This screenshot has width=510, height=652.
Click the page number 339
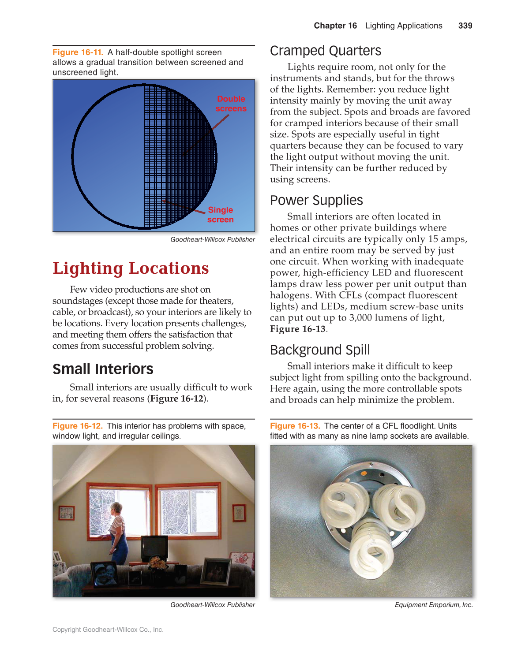coord(465,26)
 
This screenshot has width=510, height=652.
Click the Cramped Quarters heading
coord(325,51)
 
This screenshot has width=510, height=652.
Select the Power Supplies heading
coord(316,200)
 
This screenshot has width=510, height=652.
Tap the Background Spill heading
coord(320,350)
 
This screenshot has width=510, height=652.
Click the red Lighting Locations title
coord(131,268)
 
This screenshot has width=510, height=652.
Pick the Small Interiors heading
coord(103,369)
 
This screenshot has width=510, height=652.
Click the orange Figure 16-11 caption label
coord(78,52)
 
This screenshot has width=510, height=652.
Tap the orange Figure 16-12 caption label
coord(78,426)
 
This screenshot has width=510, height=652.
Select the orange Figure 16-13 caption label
coord(295,426)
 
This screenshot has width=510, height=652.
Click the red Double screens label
coord(231,104)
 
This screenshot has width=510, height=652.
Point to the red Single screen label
coord(220,215)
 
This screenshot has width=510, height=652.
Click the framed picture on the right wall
coord(239,513)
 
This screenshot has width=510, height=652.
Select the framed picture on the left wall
coord(66,513)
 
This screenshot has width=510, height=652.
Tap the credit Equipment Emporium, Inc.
coord(433,605)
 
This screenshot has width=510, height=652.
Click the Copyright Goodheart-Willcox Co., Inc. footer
coord(108,630)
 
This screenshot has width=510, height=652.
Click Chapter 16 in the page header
coord(335,26)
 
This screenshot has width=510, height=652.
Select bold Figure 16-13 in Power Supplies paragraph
coord(297,329)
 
